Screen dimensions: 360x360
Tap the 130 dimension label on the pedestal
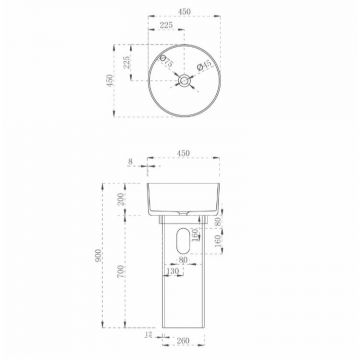[x=176, y=271]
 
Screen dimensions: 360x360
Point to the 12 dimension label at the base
[x=149, y=337]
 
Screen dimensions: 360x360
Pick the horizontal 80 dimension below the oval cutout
[x=181, y=263]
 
